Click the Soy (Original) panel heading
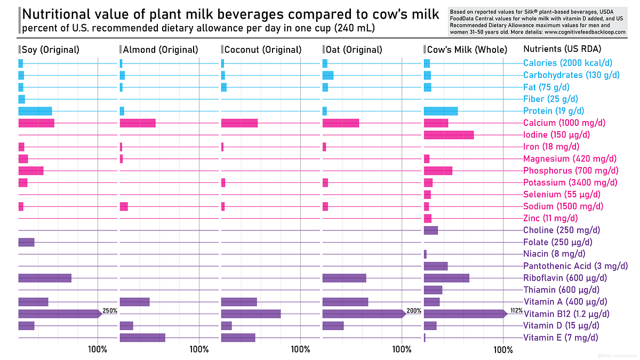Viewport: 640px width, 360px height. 50,50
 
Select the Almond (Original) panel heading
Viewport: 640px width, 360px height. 160,50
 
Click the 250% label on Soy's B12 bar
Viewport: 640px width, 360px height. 110,310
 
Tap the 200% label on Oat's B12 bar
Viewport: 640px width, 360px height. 414,310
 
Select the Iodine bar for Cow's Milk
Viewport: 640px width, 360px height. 449,135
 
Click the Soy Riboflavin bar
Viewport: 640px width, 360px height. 45,278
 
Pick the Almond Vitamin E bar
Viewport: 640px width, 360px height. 142,338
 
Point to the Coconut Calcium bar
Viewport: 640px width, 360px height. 239,123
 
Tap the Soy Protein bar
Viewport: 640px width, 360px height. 35,111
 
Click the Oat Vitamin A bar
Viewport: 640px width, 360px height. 345,302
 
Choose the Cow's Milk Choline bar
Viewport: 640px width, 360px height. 431,230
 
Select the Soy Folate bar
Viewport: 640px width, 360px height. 26,242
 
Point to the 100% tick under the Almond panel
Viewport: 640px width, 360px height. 199,350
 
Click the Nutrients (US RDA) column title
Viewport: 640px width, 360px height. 559,50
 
